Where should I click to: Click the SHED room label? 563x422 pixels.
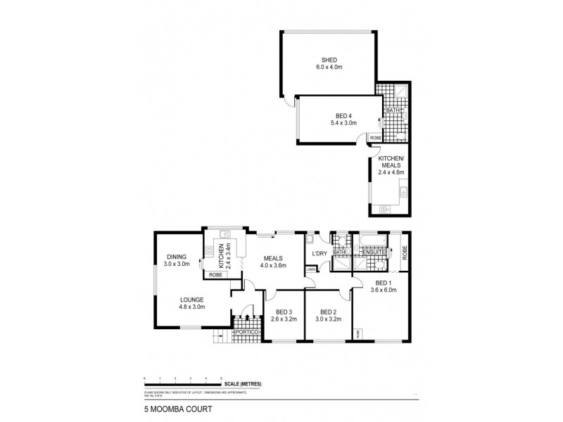tap(327, 60)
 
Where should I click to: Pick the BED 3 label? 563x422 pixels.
tap(284, 313)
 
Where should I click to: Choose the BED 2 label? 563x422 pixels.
tap(329, 313)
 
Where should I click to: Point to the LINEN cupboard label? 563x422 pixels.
tap(310, 268)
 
